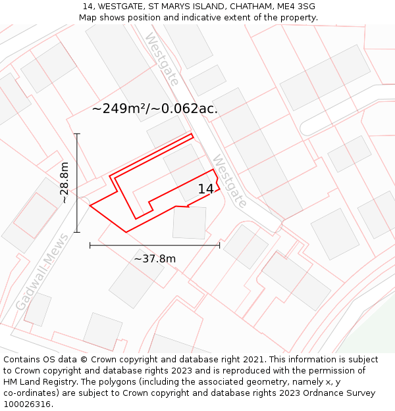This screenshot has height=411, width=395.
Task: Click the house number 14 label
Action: point(205,189)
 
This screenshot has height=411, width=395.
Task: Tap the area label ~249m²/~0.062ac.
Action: point(155,109)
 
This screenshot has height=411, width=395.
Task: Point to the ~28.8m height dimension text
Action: point(64,183)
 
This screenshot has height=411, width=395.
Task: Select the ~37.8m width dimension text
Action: point(155,258)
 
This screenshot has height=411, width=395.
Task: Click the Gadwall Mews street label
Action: point(41,272)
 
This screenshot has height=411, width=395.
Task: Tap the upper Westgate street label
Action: point(162,59)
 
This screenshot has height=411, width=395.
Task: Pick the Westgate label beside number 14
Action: point(229,181)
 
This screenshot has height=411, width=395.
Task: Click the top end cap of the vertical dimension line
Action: point(77,134)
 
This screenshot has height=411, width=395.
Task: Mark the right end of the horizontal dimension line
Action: point(219,245)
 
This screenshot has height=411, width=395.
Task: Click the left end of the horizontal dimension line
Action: point(90,245)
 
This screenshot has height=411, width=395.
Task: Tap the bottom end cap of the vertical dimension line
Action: point(77,231)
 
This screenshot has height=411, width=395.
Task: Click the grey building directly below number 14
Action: point(189,222)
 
